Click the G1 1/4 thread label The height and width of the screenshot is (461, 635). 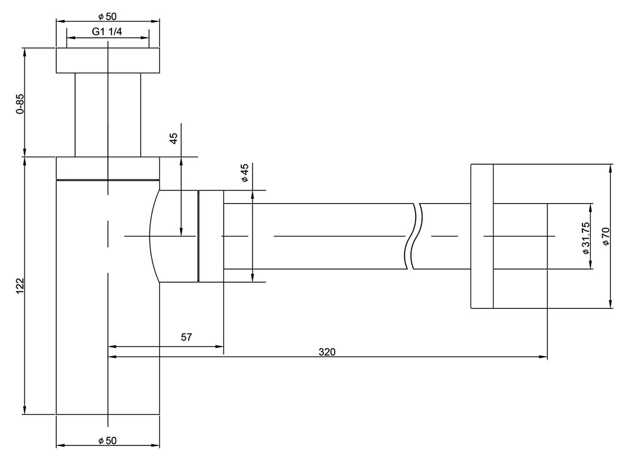pos(107,32)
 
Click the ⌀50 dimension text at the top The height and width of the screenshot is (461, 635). pos(107,15)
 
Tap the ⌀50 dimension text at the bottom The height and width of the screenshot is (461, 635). pos(107,441)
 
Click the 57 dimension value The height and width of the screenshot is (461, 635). pos(186,338)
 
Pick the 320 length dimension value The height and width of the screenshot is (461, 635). pos(327,351)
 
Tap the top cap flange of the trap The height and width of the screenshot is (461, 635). pos(107,61)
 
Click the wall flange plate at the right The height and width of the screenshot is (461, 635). pos(482,236)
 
